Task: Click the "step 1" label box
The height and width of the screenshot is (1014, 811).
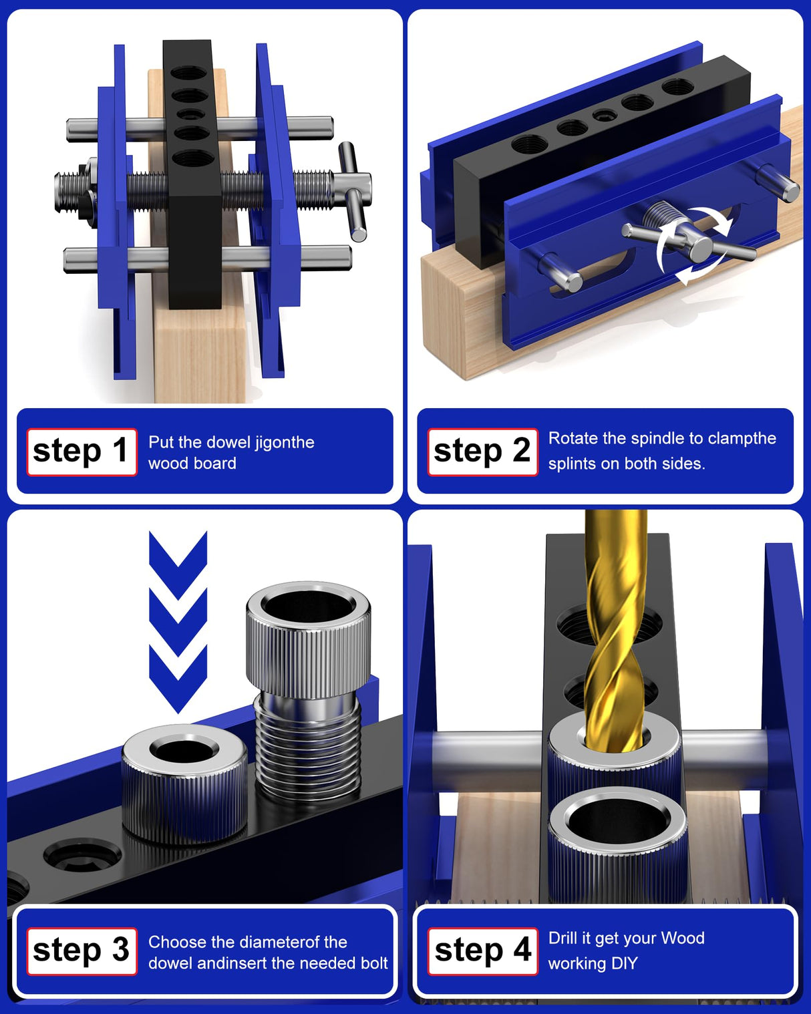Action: click(82, 452)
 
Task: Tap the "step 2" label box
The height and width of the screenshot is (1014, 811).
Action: click(482, 452)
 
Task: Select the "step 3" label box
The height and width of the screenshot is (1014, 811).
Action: click(82, 951)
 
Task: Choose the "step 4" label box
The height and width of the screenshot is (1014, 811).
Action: click(482, 951)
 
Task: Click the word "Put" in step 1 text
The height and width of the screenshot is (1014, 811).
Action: click(161, 442)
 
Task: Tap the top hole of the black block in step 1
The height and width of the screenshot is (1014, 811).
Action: click(189, 72)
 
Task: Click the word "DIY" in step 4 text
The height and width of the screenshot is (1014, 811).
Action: click(623, 963)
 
